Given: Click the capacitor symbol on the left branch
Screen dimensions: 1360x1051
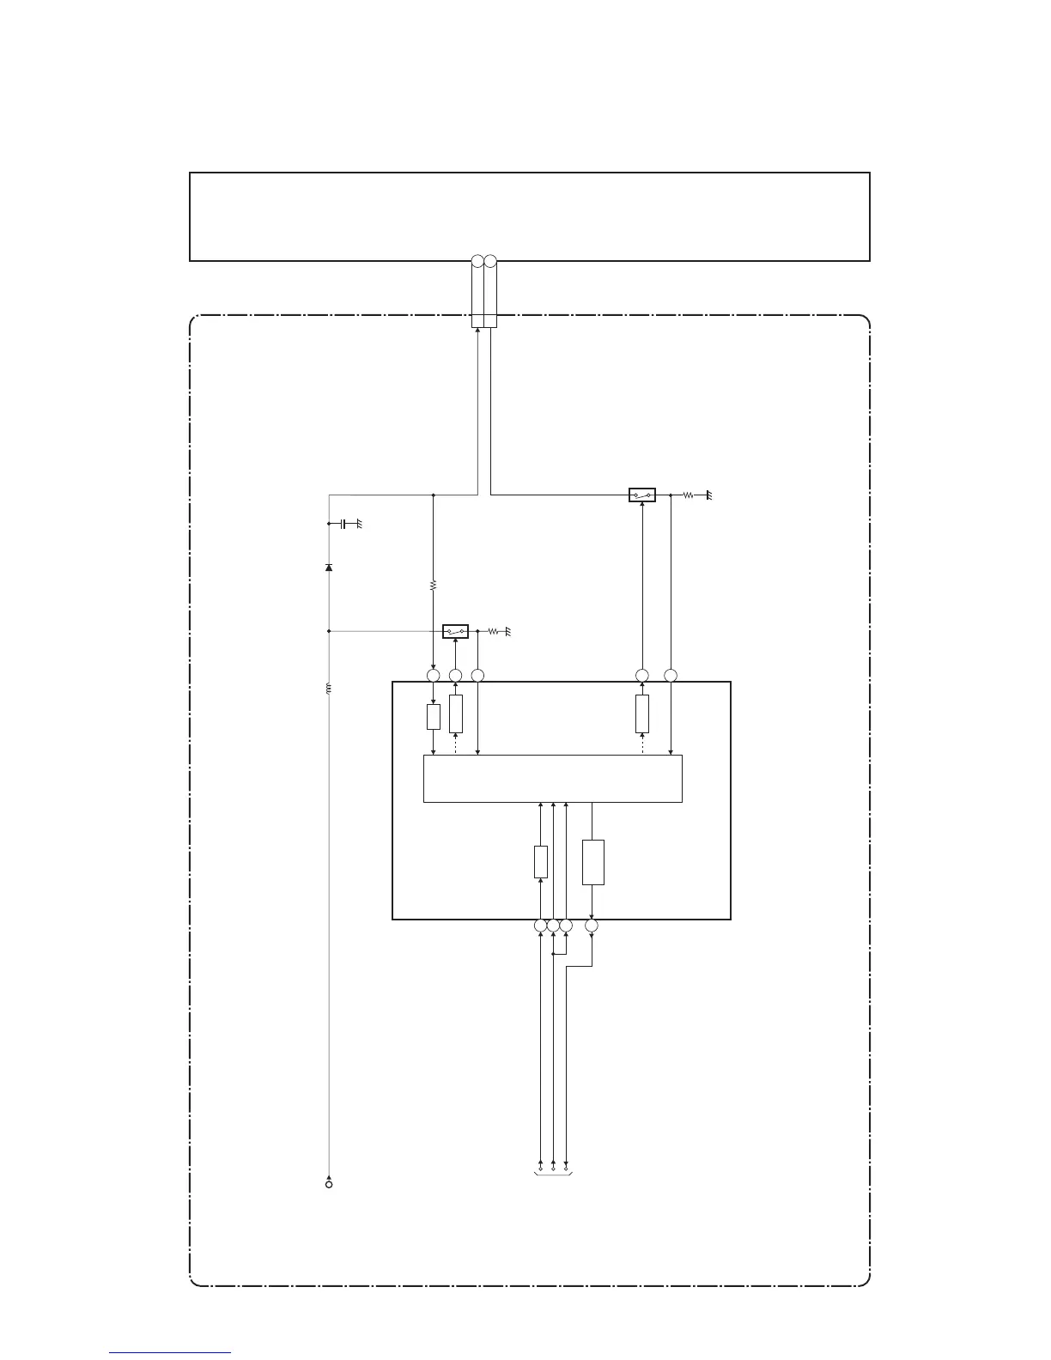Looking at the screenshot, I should pos(343,524).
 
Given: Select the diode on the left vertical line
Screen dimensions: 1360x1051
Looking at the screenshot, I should pos(329,568).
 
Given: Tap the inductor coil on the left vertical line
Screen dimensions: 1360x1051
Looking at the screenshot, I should pos(329,689).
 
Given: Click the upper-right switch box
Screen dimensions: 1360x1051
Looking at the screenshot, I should pos(642,495).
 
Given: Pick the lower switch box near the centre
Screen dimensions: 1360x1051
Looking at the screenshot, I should pos(455,632).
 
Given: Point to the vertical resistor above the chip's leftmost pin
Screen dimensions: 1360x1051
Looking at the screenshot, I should pos(433,585).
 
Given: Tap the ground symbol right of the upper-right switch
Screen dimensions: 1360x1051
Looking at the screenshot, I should pos(709,495).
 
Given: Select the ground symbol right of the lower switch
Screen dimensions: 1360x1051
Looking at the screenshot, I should pos(508,632).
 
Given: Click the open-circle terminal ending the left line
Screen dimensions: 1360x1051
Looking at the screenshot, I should pos(329,1185).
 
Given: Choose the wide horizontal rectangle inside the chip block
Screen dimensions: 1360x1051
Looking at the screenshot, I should pos(553,779).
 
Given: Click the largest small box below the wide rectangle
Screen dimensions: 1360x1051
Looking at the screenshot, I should pos(592,862).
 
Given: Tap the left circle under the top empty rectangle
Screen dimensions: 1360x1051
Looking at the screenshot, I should pos(478,260).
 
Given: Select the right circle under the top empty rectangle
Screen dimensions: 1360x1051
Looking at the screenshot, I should pos(490,260).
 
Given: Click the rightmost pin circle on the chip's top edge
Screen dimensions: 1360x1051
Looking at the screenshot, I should pos(671,676).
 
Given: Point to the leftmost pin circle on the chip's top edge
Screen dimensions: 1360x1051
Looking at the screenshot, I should pos(433,676).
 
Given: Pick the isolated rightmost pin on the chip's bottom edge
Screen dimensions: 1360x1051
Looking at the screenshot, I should pos(592,926).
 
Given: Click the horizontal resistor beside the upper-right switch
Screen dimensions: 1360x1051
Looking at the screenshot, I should pos(688,495).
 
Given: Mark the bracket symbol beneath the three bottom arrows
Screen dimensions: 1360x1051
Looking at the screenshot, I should pos(553,1171).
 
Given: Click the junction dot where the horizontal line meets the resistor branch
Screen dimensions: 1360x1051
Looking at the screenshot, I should pos(433,495).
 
